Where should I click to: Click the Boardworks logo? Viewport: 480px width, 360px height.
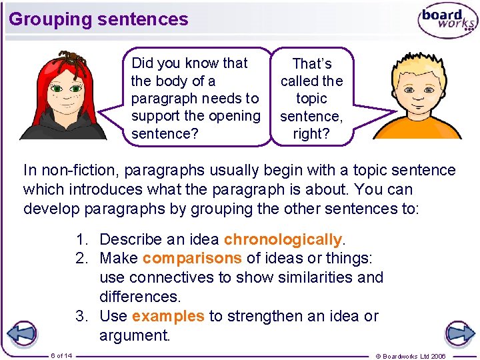coord(447,21)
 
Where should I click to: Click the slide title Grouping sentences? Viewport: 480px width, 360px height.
coord(99,19)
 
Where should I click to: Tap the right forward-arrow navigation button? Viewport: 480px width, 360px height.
coord(459,333)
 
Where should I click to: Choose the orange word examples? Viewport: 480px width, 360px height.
coord(168,316)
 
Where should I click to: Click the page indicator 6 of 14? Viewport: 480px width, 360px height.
coord(61,355)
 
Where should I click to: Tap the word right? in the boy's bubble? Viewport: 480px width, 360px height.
coord(307,133)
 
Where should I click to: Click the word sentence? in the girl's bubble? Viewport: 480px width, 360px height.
coord(160,133)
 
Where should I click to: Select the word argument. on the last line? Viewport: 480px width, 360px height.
coord(135,335)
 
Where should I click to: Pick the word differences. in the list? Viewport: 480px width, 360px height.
coord(141,296)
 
